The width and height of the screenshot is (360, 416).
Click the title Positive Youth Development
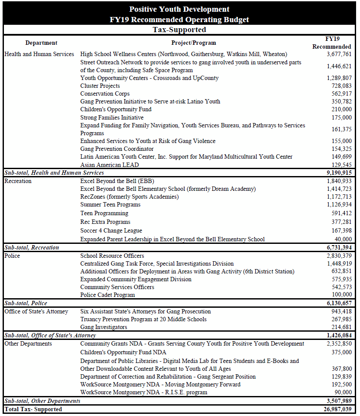179,9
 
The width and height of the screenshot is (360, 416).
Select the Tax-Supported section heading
179,30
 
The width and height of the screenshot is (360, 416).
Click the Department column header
41,43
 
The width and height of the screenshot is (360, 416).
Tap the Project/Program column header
193,43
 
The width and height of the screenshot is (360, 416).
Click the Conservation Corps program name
105,94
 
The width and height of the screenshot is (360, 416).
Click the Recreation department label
18,181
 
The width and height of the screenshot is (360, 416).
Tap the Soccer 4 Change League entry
111,231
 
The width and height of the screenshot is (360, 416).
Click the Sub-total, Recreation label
31,247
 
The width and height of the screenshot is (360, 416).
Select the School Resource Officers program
112,256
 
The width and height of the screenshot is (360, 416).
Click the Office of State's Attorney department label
36,312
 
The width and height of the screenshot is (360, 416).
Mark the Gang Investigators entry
104,327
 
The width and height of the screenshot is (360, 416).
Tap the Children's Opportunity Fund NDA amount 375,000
340,353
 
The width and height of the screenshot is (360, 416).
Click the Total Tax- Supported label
33,409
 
